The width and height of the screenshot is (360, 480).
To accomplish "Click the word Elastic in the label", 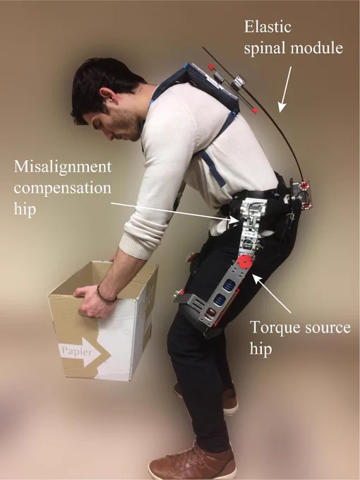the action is pyautogui.click(x=268, y=27).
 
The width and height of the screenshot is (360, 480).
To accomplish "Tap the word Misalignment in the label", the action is pyautogui.click(x=63, y=167).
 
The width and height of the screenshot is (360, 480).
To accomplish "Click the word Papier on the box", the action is pyautogui.click(x=76, y=351).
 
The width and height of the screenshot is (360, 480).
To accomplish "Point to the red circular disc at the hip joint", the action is pyautogui.click(x=245, y=263).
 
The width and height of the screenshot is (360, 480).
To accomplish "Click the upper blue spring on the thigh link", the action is pyautogui.click(x=229, y=284).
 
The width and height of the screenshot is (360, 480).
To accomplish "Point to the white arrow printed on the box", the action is pyautogui.click(x=80, y=352).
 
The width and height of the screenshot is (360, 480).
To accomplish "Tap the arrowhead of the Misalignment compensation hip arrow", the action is pyautogui.click(x=235, y=220).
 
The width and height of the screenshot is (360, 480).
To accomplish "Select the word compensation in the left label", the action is pyautogui.click(x=62, y=188).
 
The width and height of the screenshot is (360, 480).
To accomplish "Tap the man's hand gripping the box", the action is pyautogui.click(x=92, y=302).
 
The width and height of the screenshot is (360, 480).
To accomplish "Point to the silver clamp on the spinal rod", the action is pyautogui.click(x=239, y=82).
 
